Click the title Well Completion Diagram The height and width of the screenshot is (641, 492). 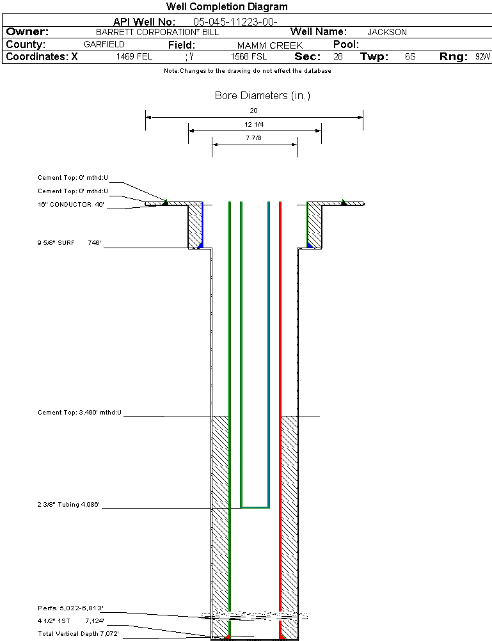coord(226,7)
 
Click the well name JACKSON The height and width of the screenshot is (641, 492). coord(387,32)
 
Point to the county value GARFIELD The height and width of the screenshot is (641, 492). coord(104,45)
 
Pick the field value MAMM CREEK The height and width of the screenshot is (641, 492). coord(270,45)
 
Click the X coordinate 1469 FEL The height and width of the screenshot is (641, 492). coord(134,57)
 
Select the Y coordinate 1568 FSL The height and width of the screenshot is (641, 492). coord(249,57)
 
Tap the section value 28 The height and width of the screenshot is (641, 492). coord(338,57)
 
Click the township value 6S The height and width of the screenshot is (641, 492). coord(410,57)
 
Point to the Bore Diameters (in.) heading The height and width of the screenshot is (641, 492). coord(262,96)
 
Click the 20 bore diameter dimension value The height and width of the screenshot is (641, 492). coord(253,110)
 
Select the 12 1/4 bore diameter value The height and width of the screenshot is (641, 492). coord(255,124)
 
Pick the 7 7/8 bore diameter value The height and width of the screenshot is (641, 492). coord(255,138)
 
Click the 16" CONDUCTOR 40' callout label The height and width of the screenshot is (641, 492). coord(70,205)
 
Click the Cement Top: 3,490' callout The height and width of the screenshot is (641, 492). coord(79,413)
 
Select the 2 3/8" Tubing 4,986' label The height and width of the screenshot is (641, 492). coord(69,505)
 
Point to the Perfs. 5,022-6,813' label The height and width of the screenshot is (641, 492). coord(70,608)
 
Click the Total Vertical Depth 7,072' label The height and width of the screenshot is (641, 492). coord(78,633)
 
